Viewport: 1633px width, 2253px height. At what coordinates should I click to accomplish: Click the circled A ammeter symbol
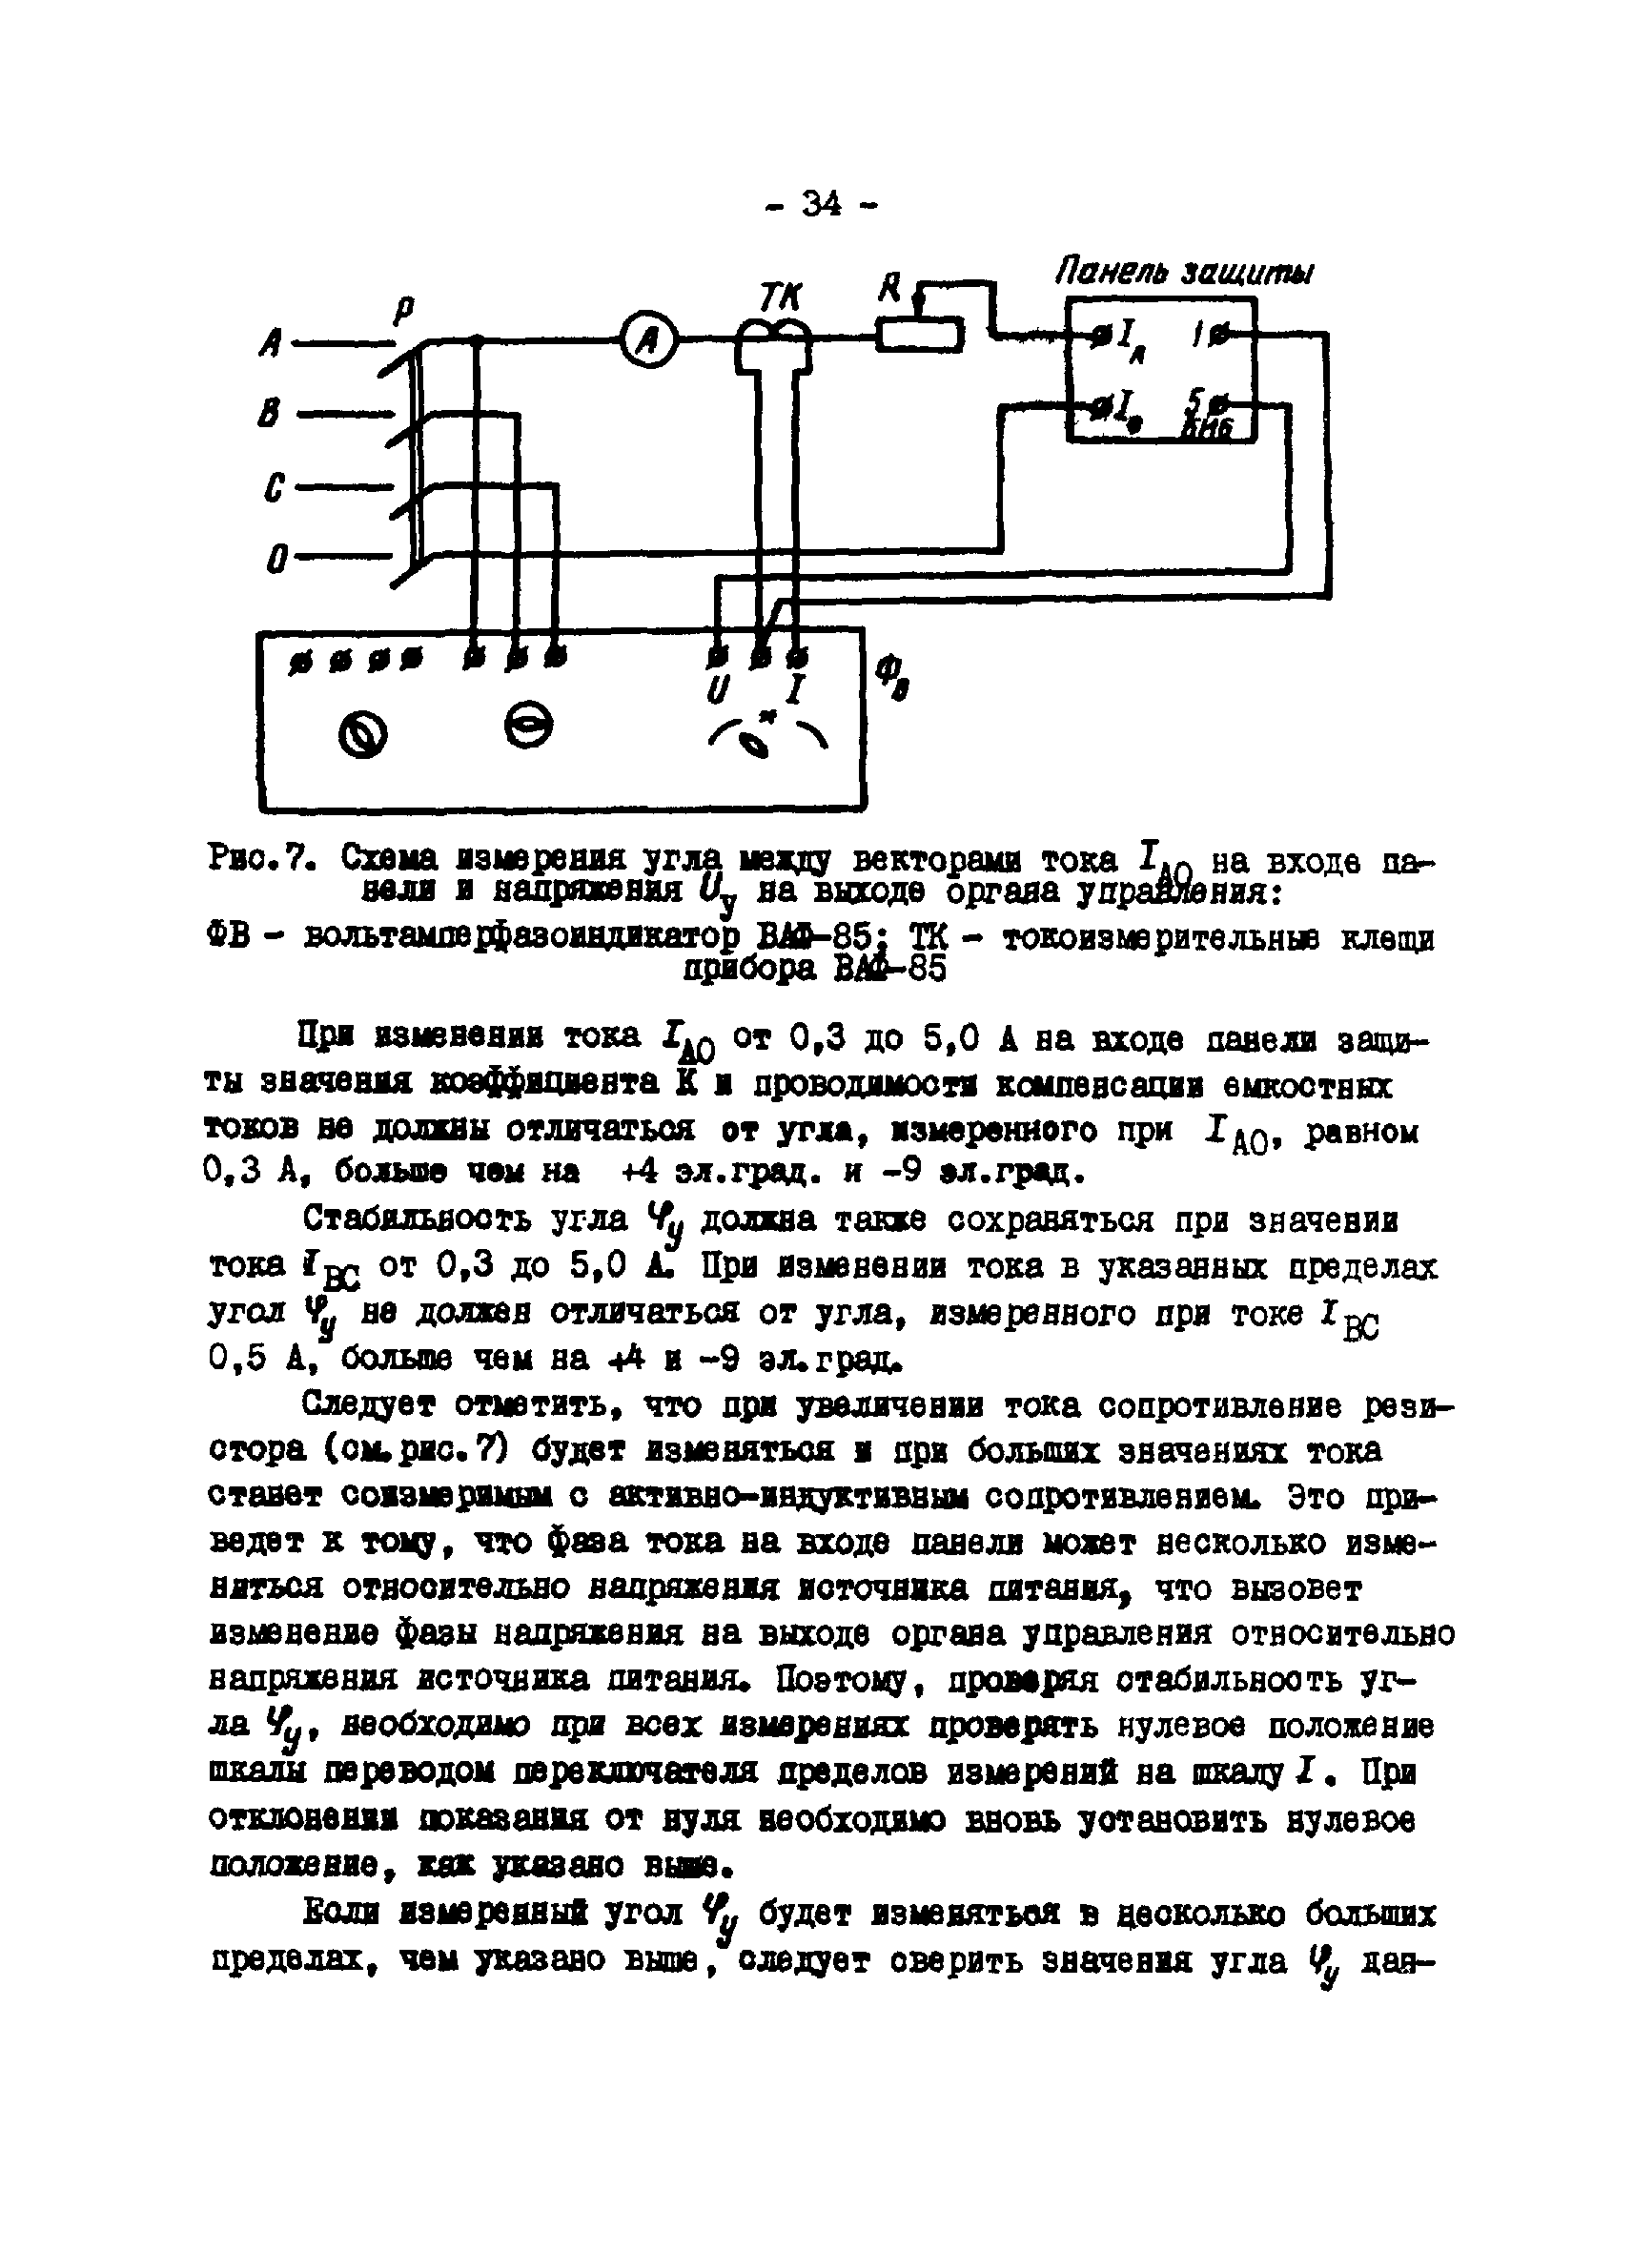point(647,341)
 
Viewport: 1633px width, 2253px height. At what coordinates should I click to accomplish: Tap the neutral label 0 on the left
point(276,563)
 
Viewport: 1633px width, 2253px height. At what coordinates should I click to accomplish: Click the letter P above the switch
point(403,312)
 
